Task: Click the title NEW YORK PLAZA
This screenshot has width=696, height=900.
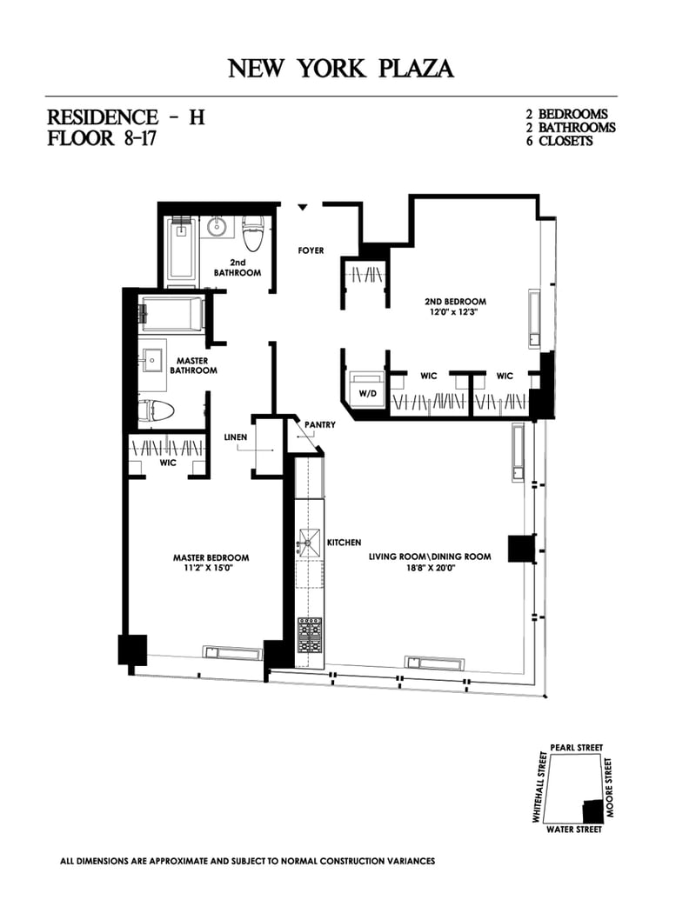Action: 340,69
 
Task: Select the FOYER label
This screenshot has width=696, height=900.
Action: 311,250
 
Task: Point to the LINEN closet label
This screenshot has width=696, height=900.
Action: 236,436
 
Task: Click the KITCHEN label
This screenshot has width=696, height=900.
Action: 344,543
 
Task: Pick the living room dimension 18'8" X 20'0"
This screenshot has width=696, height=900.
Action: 430,568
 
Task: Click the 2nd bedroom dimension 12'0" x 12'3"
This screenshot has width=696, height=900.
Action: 455,311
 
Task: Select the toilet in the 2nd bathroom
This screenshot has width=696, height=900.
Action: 253,232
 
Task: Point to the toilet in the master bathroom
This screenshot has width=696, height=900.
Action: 157,410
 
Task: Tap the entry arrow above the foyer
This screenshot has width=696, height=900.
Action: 303,207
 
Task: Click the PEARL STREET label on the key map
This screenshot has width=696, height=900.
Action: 576,748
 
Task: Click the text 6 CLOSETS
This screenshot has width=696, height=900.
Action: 565,141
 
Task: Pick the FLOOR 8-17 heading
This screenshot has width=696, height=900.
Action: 102,139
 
